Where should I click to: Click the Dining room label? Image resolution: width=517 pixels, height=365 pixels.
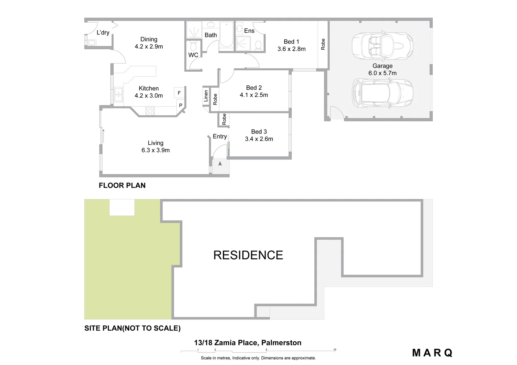point(149,40)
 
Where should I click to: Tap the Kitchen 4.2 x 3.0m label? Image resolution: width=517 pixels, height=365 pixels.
point(149,92)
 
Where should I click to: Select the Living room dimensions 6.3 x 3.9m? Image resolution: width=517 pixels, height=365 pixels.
point(156,150)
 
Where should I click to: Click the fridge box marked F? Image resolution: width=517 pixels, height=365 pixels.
point(179,93)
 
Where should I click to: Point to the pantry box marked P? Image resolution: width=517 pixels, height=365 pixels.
point(181,105)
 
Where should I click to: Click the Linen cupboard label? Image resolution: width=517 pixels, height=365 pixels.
point(206,96)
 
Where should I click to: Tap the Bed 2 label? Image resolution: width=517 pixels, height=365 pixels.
point(254,88)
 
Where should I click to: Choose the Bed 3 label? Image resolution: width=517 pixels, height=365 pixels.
point(259,132)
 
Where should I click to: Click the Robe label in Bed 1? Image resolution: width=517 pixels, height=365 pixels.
point(323,44)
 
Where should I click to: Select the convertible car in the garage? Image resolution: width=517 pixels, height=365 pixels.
point(382,46)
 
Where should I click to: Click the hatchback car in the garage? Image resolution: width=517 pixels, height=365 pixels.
point(382,94)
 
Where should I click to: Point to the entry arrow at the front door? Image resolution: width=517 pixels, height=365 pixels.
point(220,164)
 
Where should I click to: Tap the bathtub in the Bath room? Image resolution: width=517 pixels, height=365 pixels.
point(226,35)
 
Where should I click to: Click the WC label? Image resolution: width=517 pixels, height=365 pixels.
point(193,55)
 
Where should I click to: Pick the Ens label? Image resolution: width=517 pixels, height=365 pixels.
point(249,31)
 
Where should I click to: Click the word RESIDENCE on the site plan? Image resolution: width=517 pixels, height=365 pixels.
point(248,255)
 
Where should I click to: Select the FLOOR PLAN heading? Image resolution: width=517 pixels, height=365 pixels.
point(122,185)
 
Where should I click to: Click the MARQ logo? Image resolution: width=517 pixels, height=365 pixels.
point(432,353)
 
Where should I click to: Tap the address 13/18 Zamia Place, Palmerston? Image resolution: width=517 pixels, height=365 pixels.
point(248,343)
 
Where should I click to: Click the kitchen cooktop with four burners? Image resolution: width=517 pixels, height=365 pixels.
point(150,111)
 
